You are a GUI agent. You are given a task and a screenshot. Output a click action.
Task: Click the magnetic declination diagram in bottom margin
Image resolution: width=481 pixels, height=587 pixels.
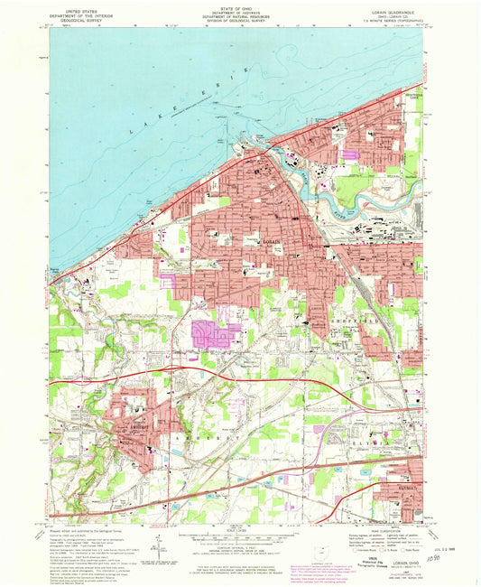pos(159,552)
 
